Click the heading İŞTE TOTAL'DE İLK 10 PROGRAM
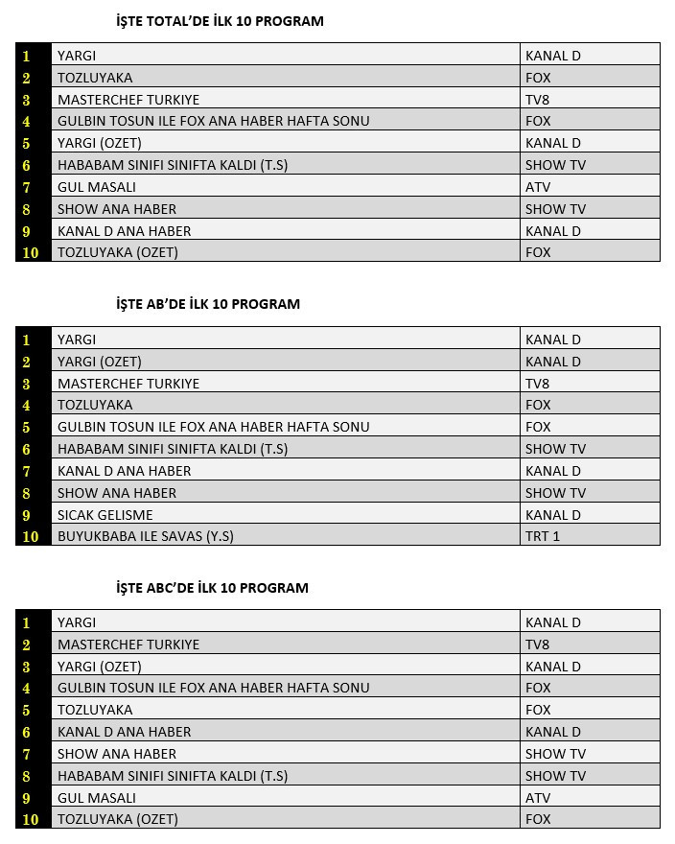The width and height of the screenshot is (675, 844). [x=219, y=21]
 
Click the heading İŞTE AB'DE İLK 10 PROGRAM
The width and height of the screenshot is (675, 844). [x=207, y=304]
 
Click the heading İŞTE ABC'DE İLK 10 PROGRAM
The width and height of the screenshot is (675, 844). [x=212, y=588]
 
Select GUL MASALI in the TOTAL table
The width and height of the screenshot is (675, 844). [x=97, y=187]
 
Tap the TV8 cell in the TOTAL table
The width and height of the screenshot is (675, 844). [x=537, y=100]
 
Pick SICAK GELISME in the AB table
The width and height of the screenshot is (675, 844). [x=105, y=515]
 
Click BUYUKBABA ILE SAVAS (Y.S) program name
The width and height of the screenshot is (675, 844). [x=146, y=537]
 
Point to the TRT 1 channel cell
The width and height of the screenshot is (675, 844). [x=543, y=537]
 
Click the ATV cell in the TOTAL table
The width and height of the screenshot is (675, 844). [x=538, y=187]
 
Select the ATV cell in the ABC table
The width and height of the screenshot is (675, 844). [x=538, y=798]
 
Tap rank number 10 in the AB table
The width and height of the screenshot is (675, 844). [x=31, y=537]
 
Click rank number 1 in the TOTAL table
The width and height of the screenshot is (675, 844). [x=27, y=57]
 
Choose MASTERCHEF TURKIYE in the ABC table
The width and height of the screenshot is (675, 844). [x=128, y=645]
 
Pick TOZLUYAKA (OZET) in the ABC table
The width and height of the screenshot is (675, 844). [x=118, y=820]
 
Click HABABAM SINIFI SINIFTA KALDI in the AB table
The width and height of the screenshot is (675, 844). [x=173, y=449]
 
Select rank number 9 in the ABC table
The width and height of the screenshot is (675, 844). [x=27, y=798]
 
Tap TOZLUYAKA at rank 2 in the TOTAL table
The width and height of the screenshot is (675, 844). [x=95, y=78]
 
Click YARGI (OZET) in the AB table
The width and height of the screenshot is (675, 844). [x=100, y=362]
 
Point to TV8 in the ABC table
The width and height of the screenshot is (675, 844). [x=537, y=645]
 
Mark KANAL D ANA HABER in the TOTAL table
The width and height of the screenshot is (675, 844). [x=125, y=231]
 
